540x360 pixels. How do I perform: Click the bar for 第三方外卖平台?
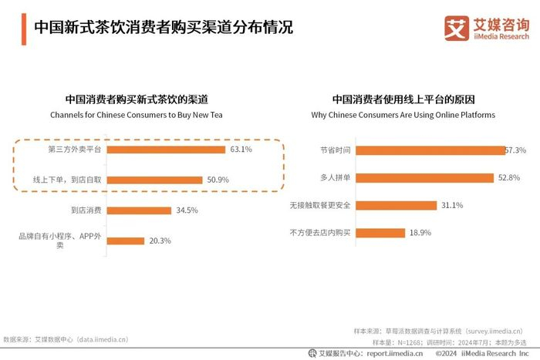pos(166,150)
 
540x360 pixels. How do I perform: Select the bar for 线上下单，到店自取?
pos(154,180)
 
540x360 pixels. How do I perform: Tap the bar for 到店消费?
pos(139,210)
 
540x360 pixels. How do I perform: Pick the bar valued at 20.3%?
pos(126,241)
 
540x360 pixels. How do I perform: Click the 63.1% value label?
pos(239,150)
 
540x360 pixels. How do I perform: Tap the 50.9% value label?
pos(217,180)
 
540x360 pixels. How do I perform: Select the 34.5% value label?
pos(187,210)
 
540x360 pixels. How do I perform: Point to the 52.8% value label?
pos(509,177)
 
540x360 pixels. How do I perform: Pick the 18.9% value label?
pos(421,232)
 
